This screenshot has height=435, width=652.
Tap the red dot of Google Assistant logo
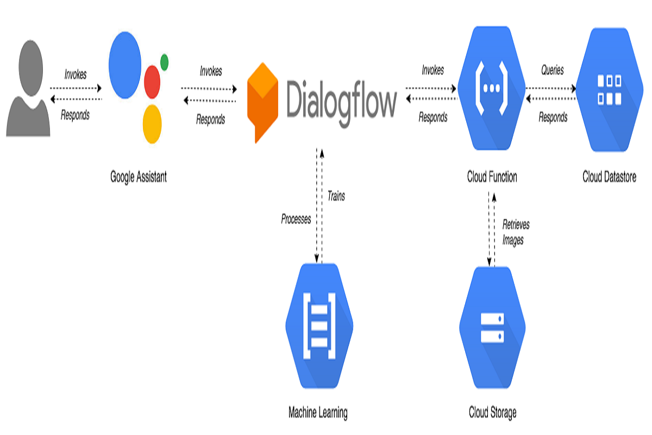click(x=152, y=82)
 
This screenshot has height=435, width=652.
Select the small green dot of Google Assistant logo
click(x=164, y=63)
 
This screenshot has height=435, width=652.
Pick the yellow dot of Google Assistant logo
click(x=152, y=123)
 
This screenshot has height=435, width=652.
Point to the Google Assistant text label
click(x=139, y=177)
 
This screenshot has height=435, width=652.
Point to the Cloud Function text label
click(x=492, y=177)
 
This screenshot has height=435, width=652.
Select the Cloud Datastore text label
click(x=609, y=177)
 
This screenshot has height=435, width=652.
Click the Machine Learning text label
click(x=318, y=412)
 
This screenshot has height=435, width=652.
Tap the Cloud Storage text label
click(x=492, y=412)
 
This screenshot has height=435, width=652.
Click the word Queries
click(x=552, y=70)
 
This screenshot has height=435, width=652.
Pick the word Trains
click(x=336, y=196)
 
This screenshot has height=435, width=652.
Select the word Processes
click(x=296, y=219)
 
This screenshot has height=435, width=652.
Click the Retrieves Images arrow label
click(x=515, y=232)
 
